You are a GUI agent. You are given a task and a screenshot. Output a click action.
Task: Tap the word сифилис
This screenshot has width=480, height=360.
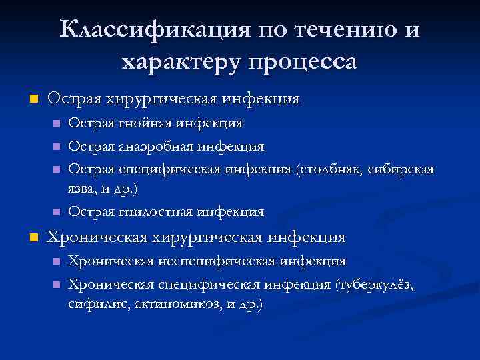tap(93, 305)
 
